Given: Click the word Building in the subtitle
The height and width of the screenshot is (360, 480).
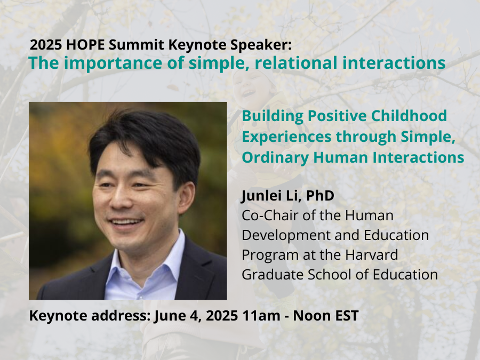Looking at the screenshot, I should (267, 116).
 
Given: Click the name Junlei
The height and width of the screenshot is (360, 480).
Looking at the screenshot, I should (265, 196).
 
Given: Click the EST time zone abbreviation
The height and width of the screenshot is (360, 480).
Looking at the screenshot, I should (347, 315).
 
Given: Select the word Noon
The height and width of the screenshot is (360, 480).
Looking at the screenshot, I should (314, 315).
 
